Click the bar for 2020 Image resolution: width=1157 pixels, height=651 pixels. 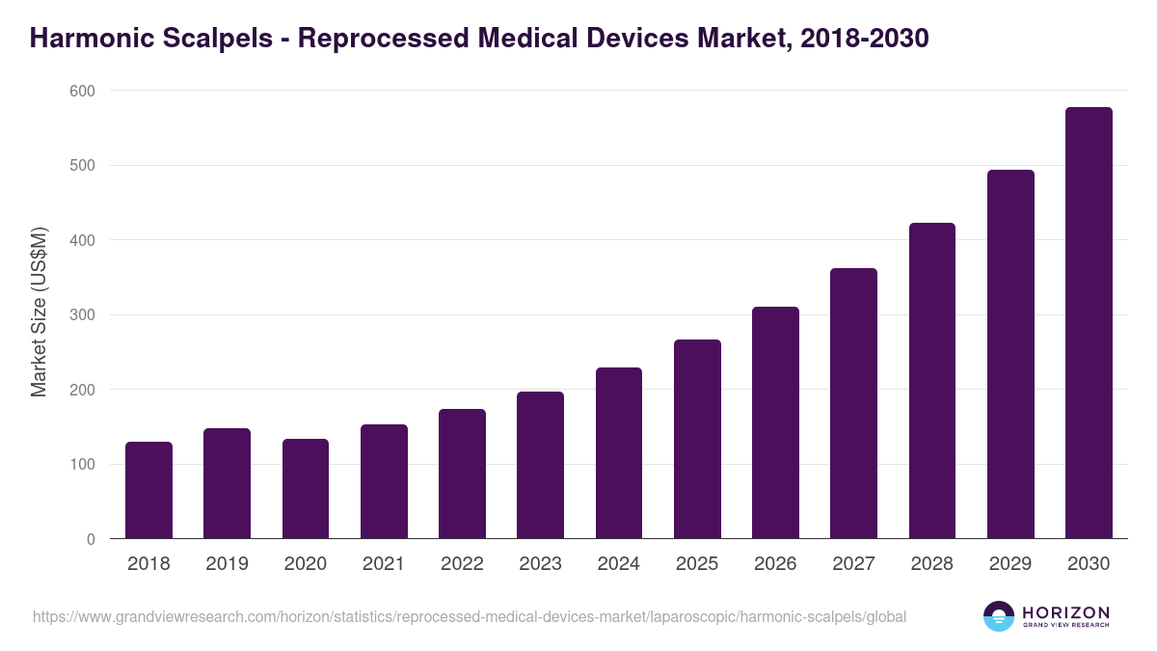tap(306, 489)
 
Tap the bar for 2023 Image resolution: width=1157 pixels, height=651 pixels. tap(540, 465)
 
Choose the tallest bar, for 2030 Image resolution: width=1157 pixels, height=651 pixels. tap(1089, 323)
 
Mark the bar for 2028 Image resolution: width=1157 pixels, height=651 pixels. tap(931, 381)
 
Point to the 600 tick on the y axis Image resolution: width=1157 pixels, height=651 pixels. tap(83, 91)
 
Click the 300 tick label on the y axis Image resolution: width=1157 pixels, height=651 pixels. tap(83, 315)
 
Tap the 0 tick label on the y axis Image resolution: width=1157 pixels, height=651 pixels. tap(91, 539)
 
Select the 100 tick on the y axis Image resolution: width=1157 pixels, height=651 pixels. tap(83, 465)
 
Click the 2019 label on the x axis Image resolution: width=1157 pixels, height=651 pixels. tap(227, 564)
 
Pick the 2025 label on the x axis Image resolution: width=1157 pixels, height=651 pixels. tap(697, 564)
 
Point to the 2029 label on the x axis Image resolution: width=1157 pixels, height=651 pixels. tap(1010, 564)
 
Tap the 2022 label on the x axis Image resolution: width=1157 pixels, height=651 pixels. tap(462, 564)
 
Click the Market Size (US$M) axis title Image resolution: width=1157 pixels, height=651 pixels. tap(39, 312)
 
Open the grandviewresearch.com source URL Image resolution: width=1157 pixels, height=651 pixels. tap(470, 616)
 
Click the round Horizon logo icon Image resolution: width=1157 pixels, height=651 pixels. tap(999, 616)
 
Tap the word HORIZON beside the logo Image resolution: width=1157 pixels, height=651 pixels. tap(1065, 612)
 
